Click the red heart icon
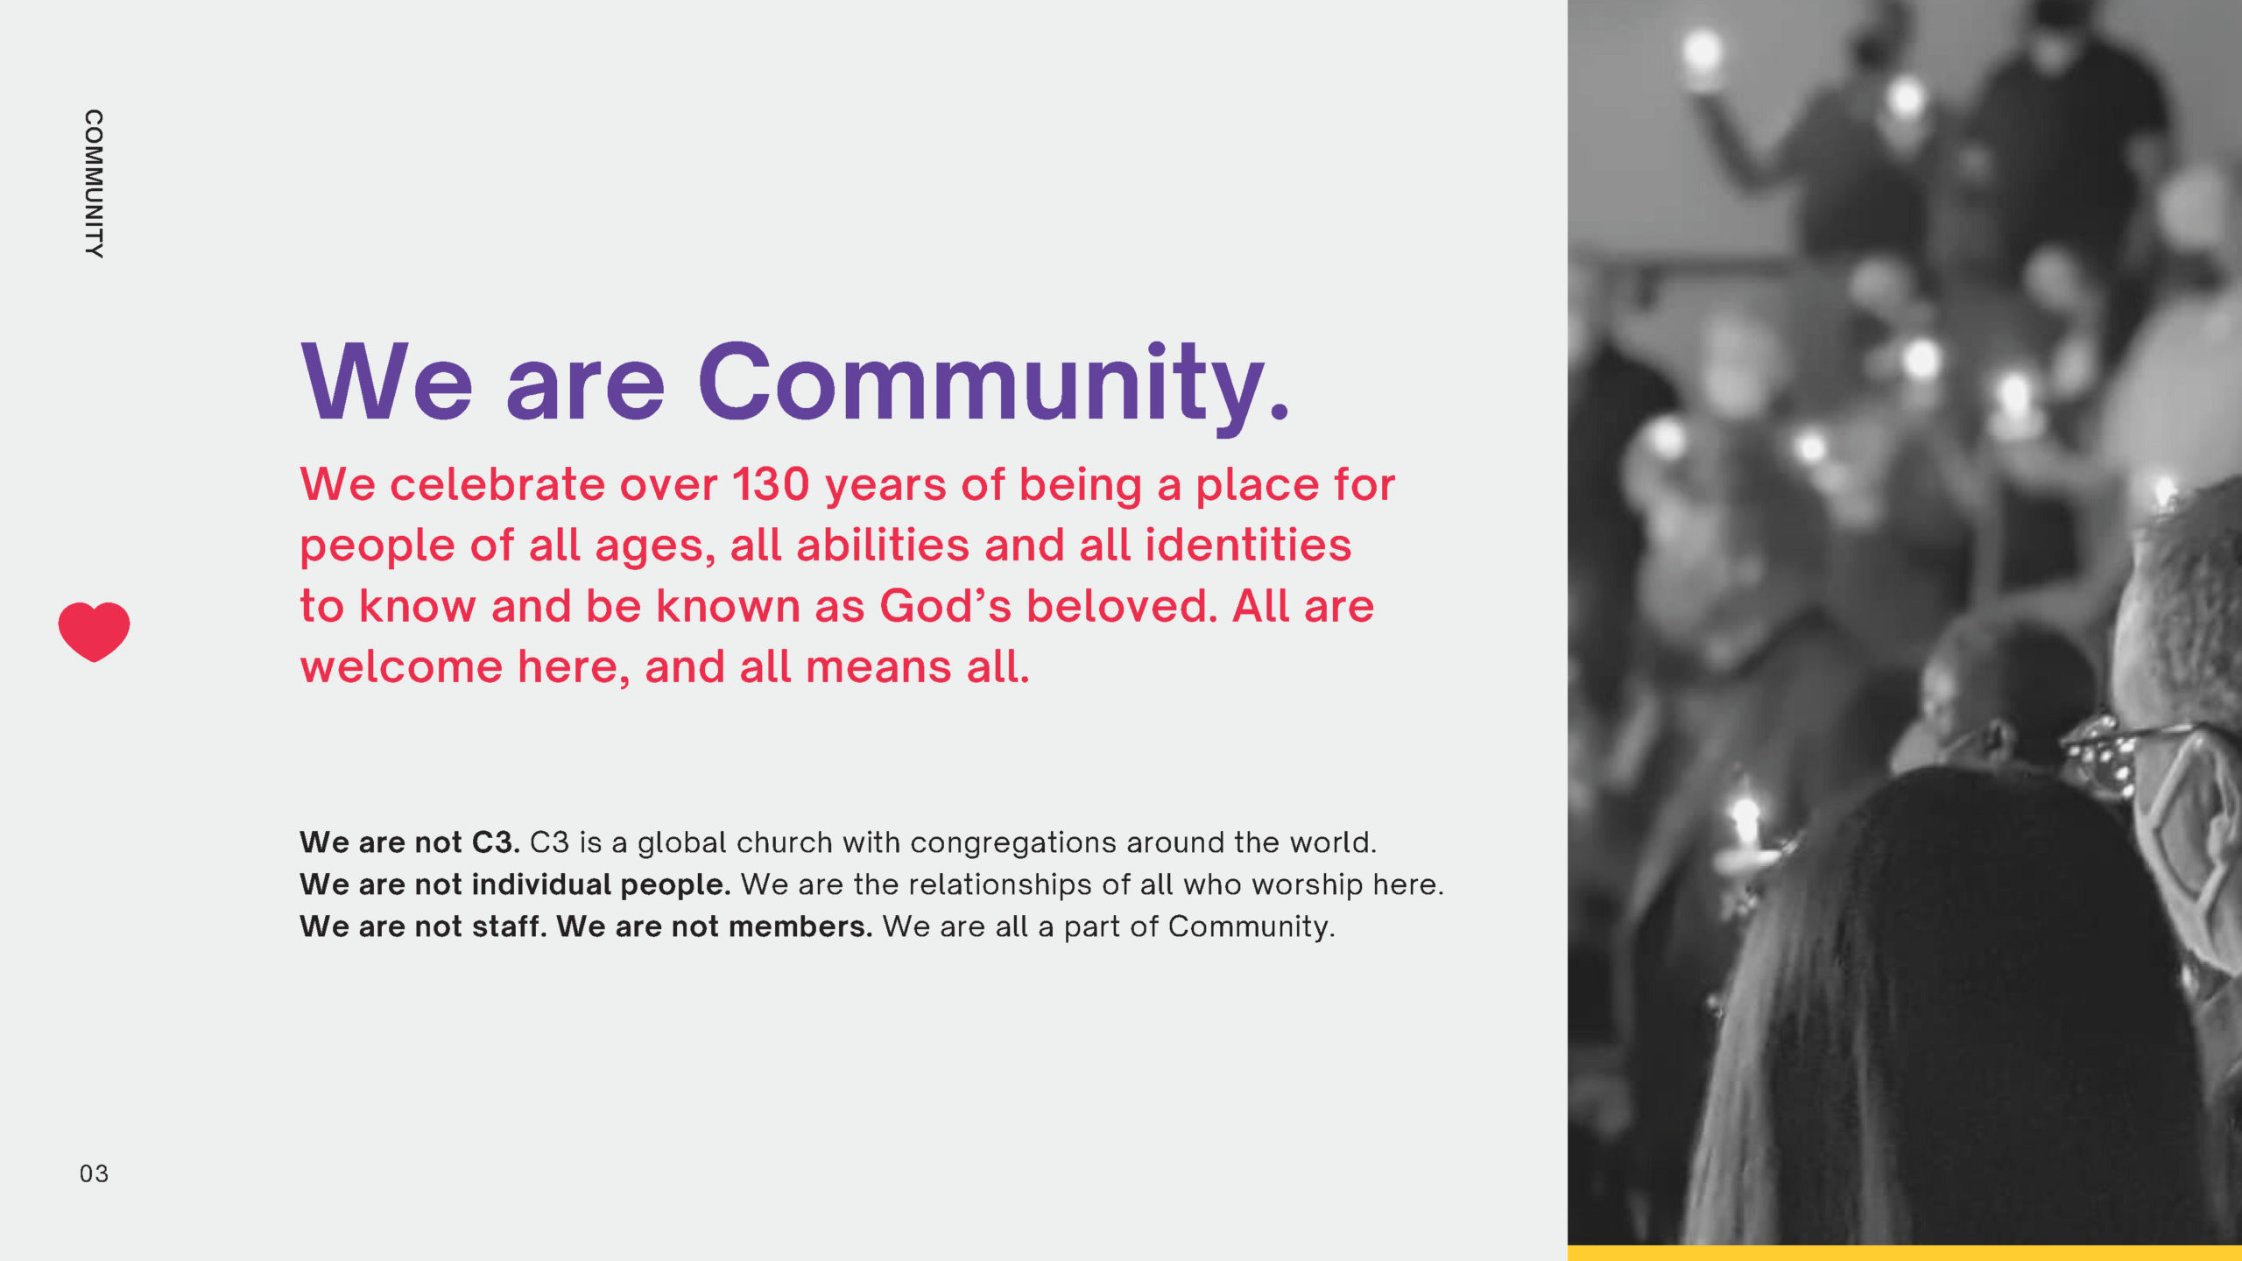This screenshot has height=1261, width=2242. [94, 630]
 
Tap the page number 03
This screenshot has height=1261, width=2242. [94, 1173]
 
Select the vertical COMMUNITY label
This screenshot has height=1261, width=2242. [94, 184]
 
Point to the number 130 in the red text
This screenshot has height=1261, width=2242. [771, 485]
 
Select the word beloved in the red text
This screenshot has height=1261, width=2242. [1121, 606]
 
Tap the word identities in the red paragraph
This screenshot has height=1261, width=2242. [1249, 546]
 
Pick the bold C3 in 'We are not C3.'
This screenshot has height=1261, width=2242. [494, 842]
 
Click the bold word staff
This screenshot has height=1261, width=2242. [508, 926]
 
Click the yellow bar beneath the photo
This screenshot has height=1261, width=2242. [1904, 1253]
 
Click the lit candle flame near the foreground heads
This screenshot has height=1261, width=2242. [1745, 819]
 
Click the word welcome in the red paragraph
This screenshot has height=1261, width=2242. [401, 667]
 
